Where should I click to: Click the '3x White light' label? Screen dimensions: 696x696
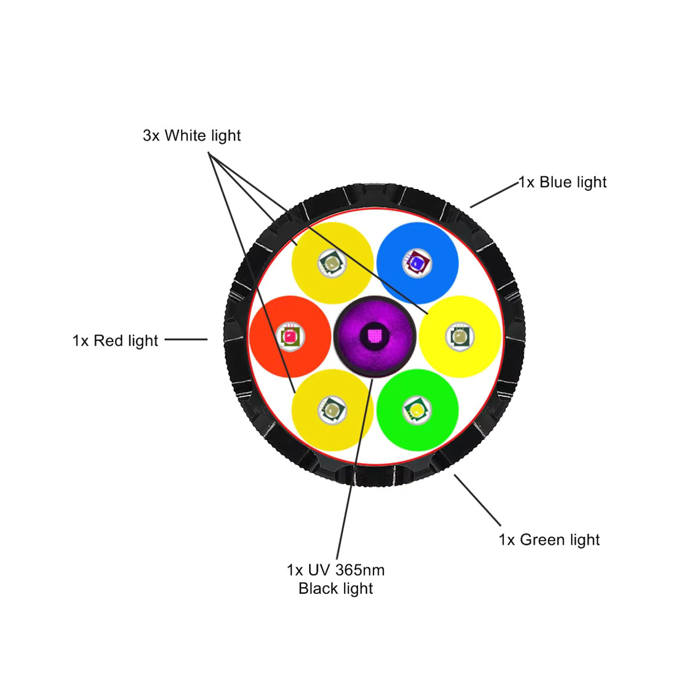click(191, 136)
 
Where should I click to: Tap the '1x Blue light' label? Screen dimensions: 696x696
click(563, 182)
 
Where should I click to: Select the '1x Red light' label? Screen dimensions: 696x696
click(115, 340)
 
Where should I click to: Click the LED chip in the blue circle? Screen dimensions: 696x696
click(417, 263)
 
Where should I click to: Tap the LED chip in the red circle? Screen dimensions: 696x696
click(290, 336)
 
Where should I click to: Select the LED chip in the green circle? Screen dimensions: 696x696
click(417, 410)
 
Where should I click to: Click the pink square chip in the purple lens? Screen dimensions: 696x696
click(375, 336)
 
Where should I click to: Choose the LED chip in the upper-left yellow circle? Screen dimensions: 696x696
click(332, 263)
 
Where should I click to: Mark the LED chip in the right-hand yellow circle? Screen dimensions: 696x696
click(460, 336)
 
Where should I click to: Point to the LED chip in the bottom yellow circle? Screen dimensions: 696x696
click(332, 410)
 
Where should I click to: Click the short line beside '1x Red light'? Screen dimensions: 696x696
click(186, 339)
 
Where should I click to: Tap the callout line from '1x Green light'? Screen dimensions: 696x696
click(477, 500)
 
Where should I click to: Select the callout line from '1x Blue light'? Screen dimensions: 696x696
click(494, 195)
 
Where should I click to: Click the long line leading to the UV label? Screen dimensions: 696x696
click(354, 469)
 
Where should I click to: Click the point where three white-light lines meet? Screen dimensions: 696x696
click(208, 153)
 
